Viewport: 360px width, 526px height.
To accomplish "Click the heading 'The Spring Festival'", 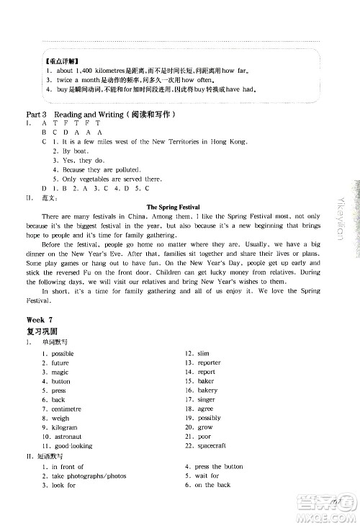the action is pos(173,207).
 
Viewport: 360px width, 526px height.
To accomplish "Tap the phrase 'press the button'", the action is pos(219,467).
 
